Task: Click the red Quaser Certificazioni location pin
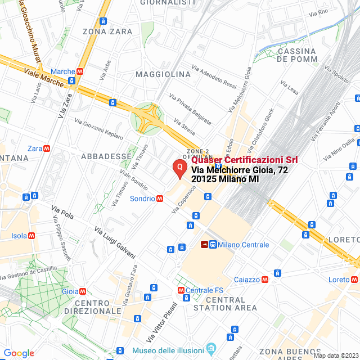click(179, 167)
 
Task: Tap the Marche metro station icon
click(80, 71)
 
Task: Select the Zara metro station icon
click(47, 148)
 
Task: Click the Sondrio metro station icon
click(160, 199)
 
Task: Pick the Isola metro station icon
click(32, 236)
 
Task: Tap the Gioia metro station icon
click(83, 291)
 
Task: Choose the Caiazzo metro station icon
click(265, 280)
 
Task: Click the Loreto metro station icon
click(355, 280)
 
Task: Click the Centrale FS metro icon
click(181, 290)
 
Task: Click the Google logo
click(19, 353)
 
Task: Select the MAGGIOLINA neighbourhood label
click(163, 74)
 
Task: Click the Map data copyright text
click(336, 355)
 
